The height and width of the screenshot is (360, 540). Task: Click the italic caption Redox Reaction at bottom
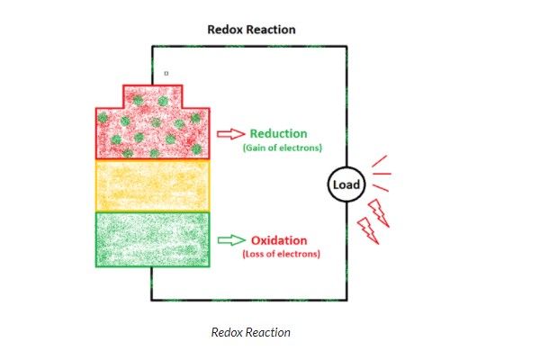click(250, 332)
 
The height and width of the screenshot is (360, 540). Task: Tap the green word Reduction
click(279, 133)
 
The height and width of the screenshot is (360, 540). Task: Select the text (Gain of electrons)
click(283, 147)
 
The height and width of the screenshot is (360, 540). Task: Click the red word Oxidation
click(278, 240)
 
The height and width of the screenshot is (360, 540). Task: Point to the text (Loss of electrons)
click(281, 255)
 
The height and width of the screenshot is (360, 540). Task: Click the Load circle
click(346, 185)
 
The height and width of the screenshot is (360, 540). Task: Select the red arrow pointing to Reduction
click(230, 134)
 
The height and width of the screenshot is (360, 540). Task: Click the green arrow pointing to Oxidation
click(230, 239)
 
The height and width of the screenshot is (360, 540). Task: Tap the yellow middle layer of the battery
click(153, 184)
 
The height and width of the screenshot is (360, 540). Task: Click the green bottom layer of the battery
click(153, 238)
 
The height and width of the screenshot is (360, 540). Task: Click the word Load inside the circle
click(346, 185)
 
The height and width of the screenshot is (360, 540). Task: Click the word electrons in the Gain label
click(299, 147)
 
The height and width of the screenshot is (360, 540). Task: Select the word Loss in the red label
click(256, 255)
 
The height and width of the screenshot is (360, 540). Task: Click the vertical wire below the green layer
click(151, 283)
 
